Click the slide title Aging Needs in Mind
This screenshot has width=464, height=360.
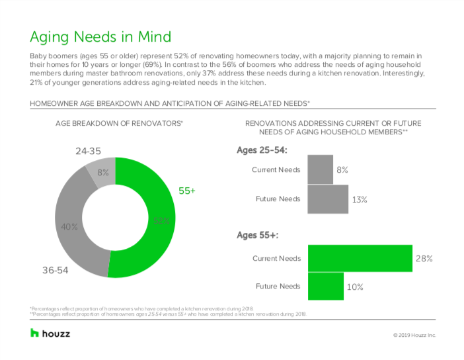pyautogui.click(x=100, y=36)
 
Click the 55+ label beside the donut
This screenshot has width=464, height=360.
pyautogui.click(x=187, y=191)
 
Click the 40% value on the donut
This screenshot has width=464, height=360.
pyautogui.click(x=70, y=227)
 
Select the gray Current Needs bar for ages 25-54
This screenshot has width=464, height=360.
pyautogui.click(x=321, y=169)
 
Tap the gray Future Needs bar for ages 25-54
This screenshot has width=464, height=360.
pyautogui.click(x=328, y=199)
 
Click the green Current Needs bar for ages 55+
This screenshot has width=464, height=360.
pyautogui.click(x=360, y=258)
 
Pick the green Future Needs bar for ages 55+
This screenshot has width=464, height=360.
pyautogui.click(x=325, y=287)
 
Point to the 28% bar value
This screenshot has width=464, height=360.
pyautogui.click(x=424, y=258)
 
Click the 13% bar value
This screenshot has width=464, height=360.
pyautogui.click(x=360, y=199)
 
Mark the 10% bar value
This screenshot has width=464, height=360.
pyautogui.click(x=354, y=287)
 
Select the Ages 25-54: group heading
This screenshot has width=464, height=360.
pyautogui.click(x=262, y=150)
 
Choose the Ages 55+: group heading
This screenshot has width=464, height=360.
pyautogui.click(x=258, y=235)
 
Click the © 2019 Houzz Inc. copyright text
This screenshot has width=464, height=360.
pyautogui.click(x=414, y=336)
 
